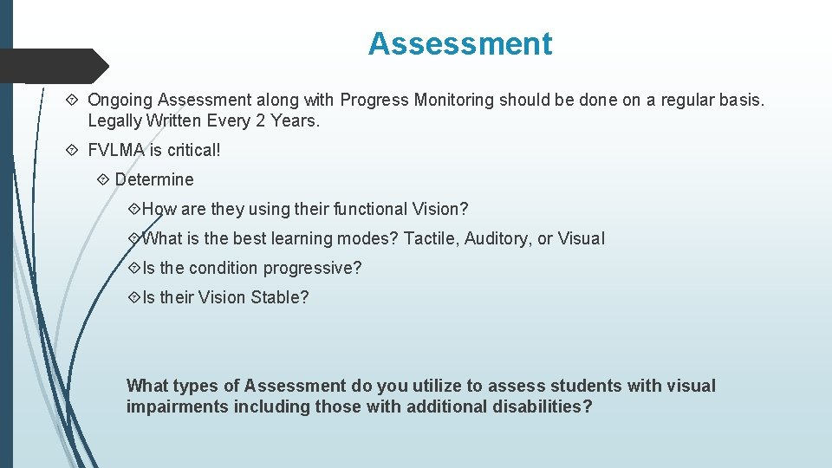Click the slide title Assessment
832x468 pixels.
[x=459, y=43]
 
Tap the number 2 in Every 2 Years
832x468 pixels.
[x=260, y=121]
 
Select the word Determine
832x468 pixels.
[x=154, y=180]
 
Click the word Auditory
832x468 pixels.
[x=498, y=239]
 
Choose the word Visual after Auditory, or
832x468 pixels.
[x=582, y=239]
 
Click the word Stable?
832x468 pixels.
[x=279, y=298]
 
